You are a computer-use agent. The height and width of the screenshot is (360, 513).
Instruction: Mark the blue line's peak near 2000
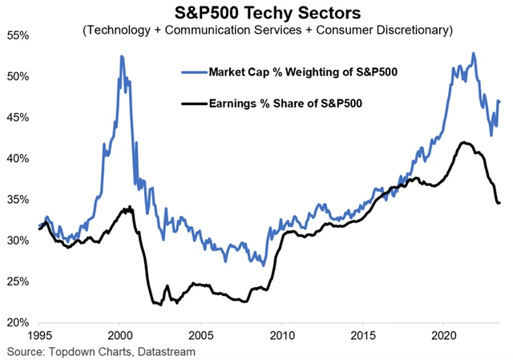[121, 56]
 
